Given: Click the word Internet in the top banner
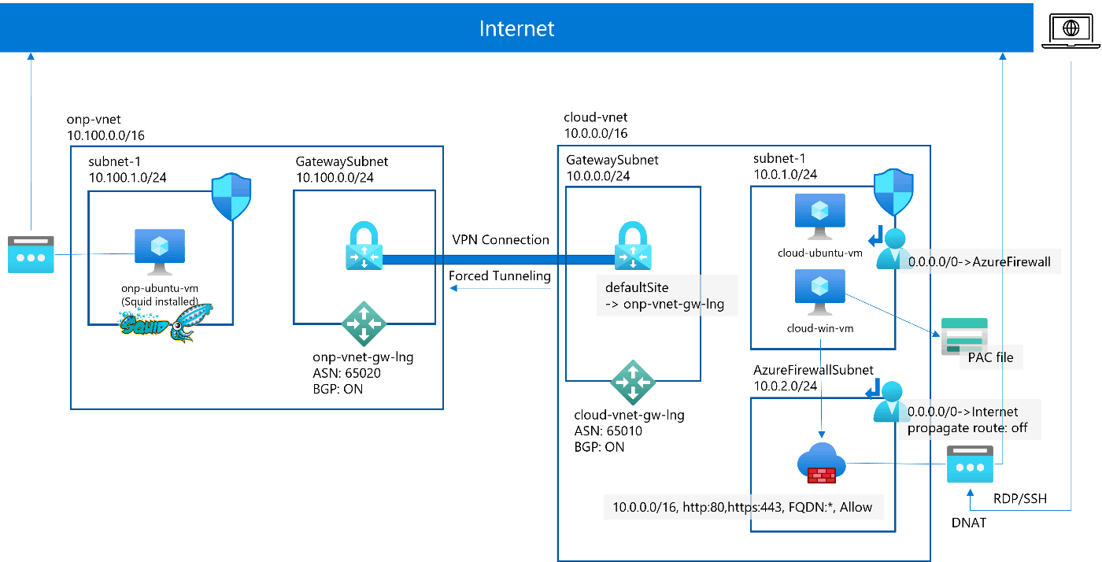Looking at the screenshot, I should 516,29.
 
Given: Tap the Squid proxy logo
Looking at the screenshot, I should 166,322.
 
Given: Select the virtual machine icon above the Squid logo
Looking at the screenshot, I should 160,251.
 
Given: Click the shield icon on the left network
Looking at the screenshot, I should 231,198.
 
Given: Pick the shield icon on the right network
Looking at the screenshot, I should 893,191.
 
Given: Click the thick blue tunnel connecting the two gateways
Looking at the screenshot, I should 498,259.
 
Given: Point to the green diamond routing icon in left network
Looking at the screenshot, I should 364,323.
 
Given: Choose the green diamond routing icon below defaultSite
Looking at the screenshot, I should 633,382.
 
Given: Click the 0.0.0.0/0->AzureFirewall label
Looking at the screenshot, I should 979,261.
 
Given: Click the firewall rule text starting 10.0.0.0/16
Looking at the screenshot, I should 742,507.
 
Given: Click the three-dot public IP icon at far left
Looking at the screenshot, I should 31,254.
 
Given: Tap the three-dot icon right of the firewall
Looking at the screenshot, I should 969,464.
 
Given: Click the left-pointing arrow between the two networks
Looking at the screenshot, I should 500,288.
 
